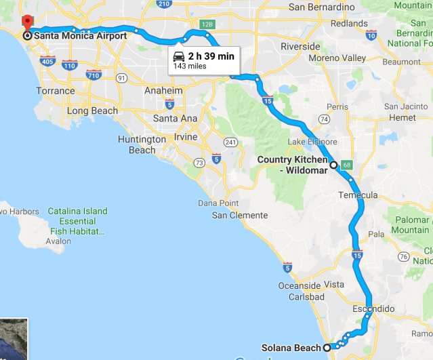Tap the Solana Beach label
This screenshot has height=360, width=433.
click(x=291, y=348)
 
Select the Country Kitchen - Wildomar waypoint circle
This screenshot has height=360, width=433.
click(x=333, y=165)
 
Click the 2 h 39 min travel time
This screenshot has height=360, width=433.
click(x=211, y=56)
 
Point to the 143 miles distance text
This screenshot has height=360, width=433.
click(x=190, y=66)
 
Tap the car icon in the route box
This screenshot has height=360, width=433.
click(x=179, y=56)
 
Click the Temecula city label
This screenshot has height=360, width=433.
click(x=358, y=195)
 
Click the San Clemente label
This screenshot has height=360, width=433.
click(x=238, y=216)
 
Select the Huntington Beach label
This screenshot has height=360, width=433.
click(x=142, y=144)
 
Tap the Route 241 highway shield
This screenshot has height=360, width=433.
click(x=230, y=142)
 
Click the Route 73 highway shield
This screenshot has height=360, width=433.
click(x=199, y=163)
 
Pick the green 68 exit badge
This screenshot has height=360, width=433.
click(x=346, y=165)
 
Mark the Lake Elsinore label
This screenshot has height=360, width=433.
click(x=312, y=141)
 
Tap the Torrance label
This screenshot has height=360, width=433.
click(x=56, y=91)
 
